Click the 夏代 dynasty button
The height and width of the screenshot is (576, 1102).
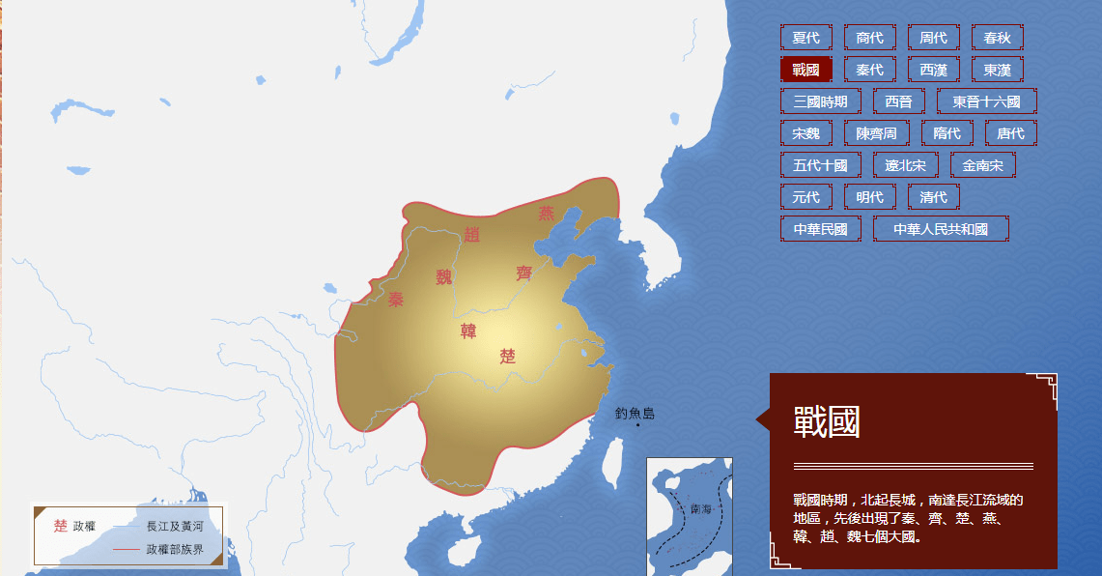tap(805, 38)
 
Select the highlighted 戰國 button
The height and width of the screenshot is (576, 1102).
tap(805, 70)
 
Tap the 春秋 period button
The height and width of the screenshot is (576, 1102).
tap(997, 38)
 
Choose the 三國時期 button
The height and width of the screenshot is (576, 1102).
tap(820, 101)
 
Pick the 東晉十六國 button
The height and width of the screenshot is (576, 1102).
tap(986, 101)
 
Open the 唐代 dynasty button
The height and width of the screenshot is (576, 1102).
tap(1010, 133)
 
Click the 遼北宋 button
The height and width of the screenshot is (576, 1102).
tap(905, 165)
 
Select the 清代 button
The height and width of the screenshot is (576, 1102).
tap(933, 197)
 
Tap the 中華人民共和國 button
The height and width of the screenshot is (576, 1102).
tap(940, 229)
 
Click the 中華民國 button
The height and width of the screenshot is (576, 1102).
tap(820, 229)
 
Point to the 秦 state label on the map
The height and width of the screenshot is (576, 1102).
tap(395, 300)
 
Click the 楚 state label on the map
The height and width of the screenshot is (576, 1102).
tap(508, 356)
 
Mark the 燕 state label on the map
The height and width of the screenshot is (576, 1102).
tap(547, 214)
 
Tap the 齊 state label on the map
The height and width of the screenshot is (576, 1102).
tap(524, 274)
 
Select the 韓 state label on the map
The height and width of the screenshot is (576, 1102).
tap(468, 331)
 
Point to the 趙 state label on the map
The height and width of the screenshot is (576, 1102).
tap(471, 234)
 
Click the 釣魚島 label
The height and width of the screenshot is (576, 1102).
tap(635, 414)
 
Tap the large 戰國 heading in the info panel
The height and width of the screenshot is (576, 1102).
tap(827, 422)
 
